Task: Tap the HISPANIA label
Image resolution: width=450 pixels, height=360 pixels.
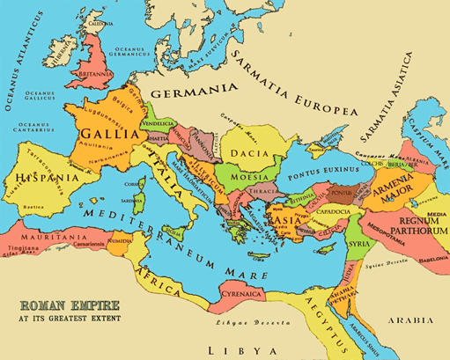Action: coord(37,179)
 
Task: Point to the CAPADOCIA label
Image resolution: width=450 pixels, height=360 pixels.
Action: coord(329,210)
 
